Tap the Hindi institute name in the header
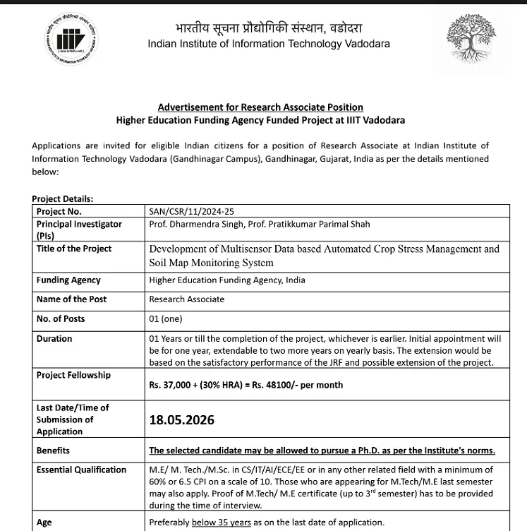268,28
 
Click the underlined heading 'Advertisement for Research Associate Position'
260,107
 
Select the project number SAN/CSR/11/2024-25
190,211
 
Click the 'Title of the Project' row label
74,249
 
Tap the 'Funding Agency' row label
68,280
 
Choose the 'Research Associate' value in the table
187,299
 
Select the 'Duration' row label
54,339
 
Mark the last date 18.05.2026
181,420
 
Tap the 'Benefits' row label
53,451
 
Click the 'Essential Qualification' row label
81,470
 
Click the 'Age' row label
44,523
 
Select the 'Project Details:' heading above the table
62,199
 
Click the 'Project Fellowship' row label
73,375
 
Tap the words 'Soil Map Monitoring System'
211,263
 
